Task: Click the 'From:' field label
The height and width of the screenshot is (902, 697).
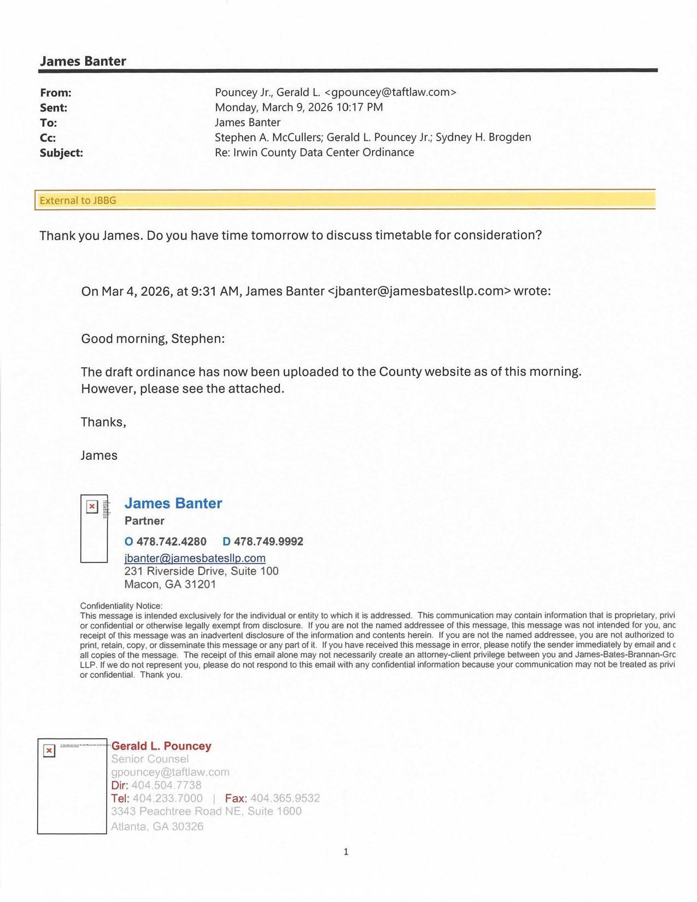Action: (56, 93)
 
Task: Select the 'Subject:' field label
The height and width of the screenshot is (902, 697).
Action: (61, 153)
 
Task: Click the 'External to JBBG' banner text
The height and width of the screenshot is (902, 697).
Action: (78, 201)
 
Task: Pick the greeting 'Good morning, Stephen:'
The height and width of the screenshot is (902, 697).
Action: (153, 339)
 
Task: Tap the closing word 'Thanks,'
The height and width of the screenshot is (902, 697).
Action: (103, 423)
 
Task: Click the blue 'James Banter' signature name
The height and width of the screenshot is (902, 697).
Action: (173, 503)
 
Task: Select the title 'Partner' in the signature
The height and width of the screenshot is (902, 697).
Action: (144, 521)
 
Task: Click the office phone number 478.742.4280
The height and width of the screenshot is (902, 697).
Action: (171, 542)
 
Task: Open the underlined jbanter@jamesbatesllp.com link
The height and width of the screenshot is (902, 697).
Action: (195, 558)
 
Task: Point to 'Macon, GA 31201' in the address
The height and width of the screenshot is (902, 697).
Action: (170, 584)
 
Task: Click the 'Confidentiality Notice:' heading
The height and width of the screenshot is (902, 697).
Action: (121, 606)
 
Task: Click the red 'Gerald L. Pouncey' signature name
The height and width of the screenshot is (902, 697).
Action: (161, 746)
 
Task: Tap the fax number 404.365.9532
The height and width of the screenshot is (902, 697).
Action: (285, 799)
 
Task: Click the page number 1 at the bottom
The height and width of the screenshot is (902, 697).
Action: (346, 852)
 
